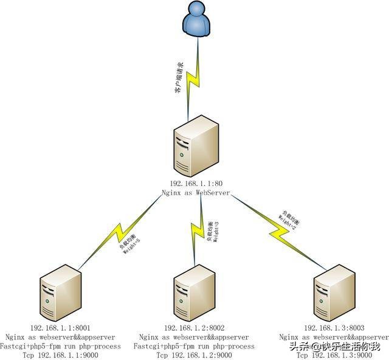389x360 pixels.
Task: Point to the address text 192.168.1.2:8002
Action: pos(194,328)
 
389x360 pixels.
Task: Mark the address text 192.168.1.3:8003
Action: pos(334,328)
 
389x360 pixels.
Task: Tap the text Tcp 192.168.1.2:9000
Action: pos(194,355)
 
